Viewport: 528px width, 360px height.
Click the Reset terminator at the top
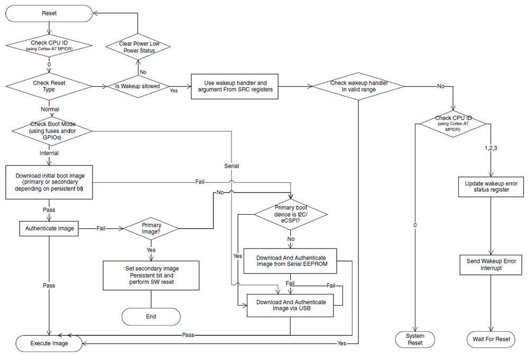[x=49, y=13]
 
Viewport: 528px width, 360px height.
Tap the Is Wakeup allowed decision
[x=137, y=86]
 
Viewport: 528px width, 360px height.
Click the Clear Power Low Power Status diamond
[x=137, y=47]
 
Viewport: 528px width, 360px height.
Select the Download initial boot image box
[x=49, y=182]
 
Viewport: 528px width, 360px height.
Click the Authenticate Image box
[x=49, y=229]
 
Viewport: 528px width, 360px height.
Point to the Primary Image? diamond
[x=151, y=228]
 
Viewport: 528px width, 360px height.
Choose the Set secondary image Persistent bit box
[x=151, y=275]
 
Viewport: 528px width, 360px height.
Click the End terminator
[x=151, y=316]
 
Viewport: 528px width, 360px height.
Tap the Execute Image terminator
[x=49, y=343]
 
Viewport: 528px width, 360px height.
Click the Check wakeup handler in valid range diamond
[x=359, y=86]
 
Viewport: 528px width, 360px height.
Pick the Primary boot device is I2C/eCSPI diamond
[x=291, y=214]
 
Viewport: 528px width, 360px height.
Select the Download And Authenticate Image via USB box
[x=291, y=306]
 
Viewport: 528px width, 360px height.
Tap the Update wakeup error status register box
[x=492, y=186]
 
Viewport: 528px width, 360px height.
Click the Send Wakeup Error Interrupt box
[x=492, y=264]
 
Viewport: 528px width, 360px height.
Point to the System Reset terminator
[x=415, y=339]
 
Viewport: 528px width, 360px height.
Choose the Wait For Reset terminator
[x=492, y=339]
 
